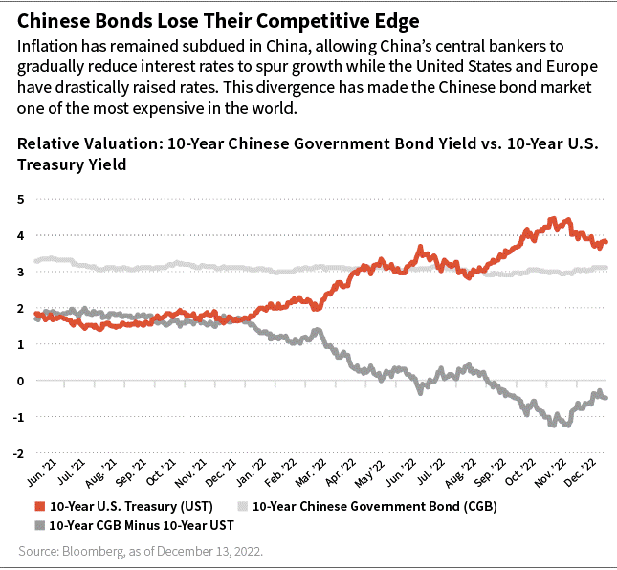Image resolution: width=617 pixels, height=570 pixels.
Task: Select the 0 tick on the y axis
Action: (x=21, y=380)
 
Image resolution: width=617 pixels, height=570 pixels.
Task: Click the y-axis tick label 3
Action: (x=21, y=272)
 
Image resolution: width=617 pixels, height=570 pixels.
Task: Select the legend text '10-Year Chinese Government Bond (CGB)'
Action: (x=346, y=506)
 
